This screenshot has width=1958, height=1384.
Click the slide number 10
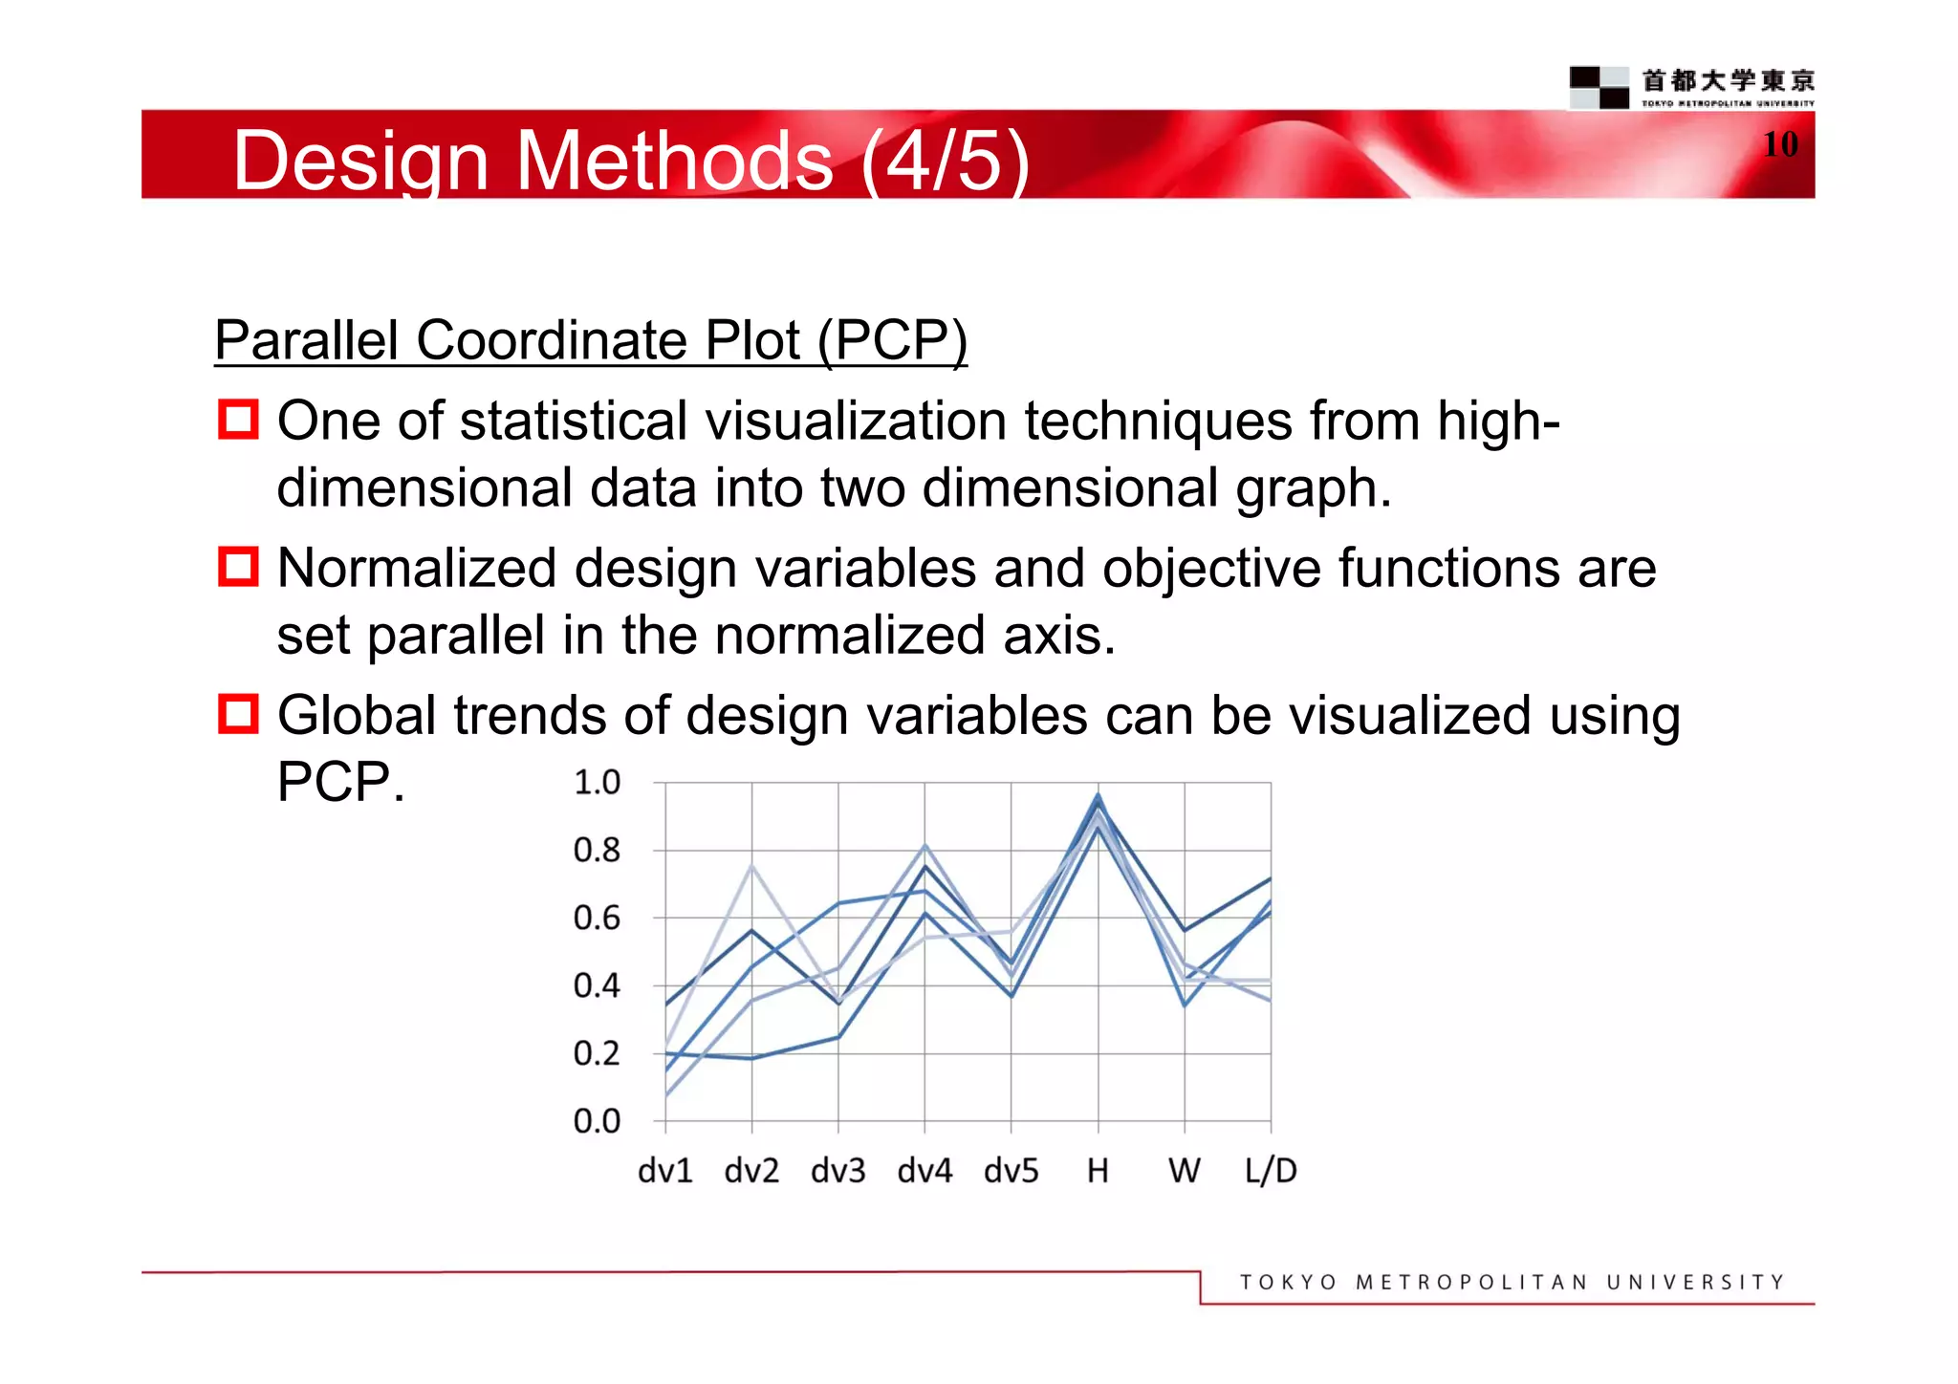click(x=1780, y=144)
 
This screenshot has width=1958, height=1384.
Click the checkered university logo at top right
click(x=1599, y=87)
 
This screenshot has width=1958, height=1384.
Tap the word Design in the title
click(x=360, y=161)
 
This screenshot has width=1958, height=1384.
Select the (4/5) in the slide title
click(x=945, y=161)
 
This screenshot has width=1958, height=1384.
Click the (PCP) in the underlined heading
click(x=892, y=340)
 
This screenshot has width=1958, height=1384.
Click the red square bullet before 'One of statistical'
click(x=238, y=420)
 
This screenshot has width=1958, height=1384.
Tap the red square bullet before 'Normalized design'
click(x=238, y=567)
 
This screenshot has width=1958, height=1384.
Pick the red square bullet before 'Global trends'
click(x=238, y=714)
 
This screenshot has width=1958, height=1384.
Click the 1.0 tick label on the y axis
click(x=597, y=783)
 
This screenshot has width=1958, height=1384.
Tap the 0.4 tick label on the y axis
click(x=597, y=985)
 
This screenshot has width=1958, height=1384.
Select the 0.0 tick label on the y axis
click(x=597, y=1121)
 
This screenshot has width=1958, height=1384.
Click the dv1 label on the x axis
click(x=664, y=1171)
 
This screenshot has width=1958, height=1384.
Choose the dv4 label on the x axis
click(x=925, y=1171)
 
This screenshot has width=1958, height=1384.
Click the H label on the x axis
click(x=1098, y=1171)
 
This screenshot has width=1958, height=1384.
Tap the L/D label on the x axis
click(x=1270, y=1171)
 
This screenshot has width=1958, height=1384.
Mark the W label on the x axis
click(x=1184, y=1171)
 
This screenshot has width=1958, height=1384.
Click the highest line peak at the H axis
click(x=1098, y=794)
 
